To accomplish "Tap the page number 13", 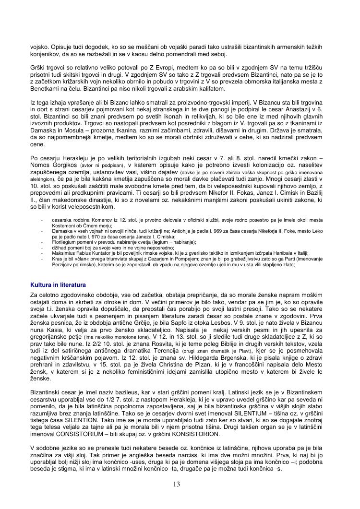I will pos(177,485).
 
